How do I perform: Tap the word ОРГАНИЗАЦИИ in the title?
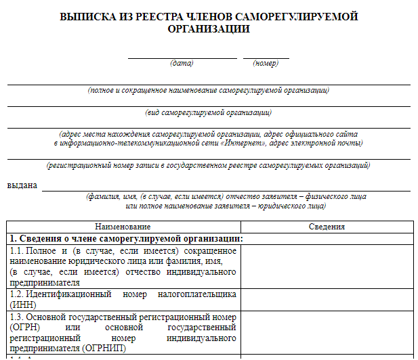tap(209, 29)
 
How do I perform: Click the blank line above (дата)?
tap(182, 58)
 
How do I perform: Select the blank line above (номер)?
tap(266, 58)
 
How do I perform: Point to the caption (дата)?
tap(182, 64)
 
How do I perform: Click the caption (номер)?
tap(266, 64)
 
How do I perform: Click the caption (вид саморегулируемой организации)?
tap(209, 112)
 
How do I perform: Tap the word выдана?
tap(22, 185)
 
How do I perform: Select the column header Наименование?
tap(123, 227)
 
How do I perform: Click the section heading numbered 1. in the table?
tap(126, 239)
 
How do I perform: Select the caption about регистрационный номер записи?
tap(209, 166)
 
